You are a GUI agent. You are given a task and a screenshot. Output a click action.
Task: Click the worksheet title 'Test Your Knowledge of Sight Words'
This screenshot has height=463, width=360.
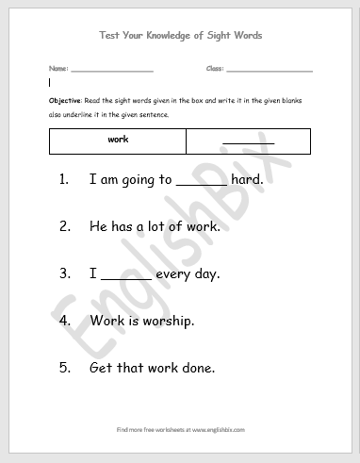click(180, 35)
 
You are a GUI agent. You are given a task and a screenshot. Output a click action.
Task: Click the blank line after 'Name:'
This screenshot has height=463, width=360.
click(111, 71)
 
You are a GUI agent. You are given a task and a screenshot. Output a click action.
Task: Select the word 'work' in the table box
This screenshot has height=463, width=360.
click(118, 140)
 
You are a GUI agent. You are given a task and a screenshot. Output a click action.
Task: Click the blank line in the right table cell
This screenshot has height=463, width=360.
click(249, 142)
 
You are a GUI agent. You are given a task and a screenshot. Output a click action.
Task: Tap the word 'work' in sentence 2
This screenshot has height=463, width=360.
click(202, 226)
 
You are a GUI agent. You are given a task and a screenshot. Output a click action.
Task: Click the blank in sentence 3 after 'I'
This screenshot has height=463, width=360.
click(125, 278)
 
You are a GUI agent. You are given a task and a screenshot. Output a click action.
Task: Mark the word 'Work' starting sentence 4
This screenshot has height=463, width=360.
click(107, 320)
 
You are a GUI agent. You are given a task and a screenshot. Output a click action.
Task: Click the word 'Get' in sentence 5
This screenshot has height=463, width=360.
click(102, 367)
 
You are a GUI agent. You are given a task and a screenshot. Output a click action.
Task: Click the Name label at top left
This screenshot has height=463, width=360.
click(57, 70)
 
